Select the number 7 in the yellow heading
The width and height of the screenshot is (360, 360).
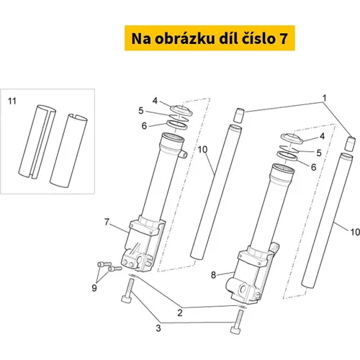(x=283, y=38)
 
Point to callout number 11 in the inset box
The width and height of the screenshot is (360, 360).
(x=12, y=102)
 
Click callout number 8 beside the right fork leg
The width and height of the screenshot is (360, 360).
(x=213, y=275)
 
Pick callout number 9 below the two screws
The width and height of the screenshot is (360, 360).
(x=94, y=288)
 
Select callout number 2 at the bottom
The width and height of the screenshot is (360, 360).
(x=180, y=312)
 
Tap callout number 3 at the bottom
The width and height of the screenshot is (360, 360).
(x=158, y=328)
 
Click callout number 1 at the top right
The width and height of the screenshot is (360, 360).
(x=325, y=98)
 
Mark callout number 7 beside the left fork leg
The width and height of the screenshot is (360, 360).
(x=107, y=222)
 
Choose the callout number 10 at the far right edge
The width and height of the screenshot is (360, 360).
(x=355, y=232)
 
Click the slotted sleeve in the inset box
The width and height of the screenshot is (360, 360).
(x=37, y=142)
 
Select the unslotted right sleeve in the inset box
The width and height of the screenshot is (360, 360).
(x=68, y=150)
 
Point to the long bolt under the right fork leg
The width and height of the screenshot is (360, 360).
(x=237, y=322)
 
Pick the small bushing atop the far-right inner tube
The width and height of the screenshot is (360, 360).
(x=350, y=144)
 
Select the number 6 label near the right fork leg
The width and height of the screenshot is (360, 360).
(x=314, y=167)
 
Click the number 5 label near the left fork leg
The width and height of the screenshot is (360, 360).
(x=141, y=111)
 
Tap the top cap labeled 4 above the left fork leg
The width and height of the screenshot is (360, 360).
(x=181, y=110)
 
